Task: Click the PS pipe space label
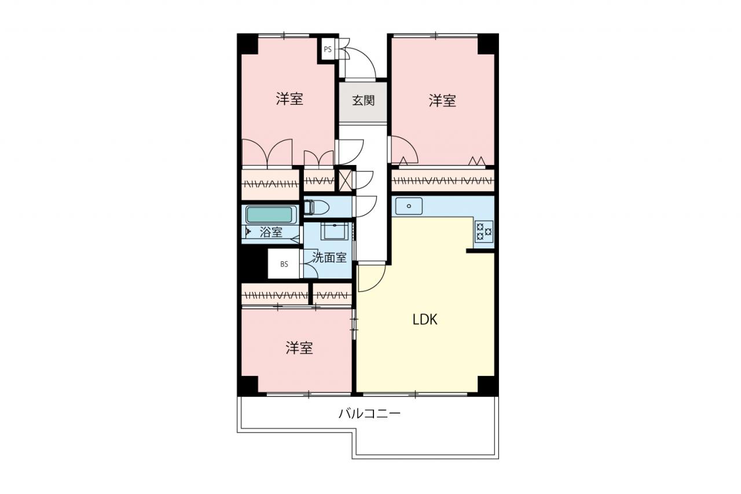click(x=328, y=49)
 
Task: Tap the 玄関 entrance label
click(x=363, y=100)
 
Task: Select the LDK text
click(x=425, y=319)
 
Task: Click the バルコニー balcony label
click(x=369, y=414)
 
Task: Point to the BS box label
click(x=284, y=264)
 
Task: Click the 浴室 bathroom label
click(x=271, y=232)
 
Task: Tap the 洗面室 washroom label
click(x=329, y=257)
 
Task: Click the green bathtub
click(x=271, y=215)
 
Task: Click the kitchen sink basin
click(x=409, y=206)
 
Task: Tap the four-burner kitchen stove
click(x=484, y=231)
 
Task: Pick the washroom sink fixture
click(x=335, y=231)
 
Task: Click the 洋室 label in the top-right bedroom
click(x=442, y=101)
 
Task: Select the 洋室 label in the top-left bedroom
click(x=289, y=99)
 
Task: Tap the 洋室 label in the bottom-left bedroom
click(x=299, y=348)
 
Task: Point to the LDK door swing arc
click(x=377, y=282)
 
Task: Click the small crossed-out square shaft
click(x=345, y=181)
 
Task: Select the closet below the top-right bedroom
click(x=443, y=181)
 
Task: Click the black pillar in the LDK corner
click(x=488, y=385)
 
